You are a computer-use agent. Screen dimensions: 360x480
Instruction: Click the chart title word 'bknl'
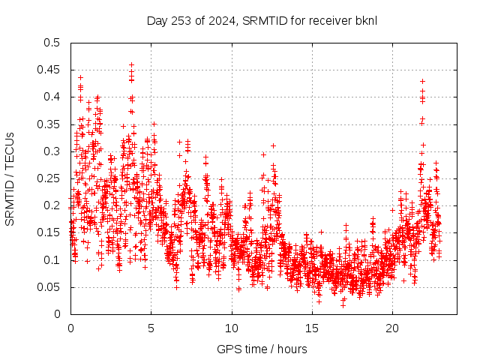coord(365,19)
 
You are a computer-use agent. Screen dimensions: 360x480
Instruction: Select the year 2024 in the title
coord(216,19)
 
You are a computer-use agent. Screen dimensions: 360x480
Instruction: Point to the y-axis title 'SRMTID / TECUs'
coord(10,179)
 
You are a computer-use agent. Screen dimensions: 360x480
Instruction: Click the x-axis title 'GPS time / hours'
coord(262,349)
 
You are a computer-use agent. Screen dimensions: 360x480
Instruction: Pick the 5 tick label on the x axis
coord(151,328)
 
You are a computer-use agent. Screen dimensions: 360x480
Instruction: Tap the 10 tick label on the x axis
coord(232,328)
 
